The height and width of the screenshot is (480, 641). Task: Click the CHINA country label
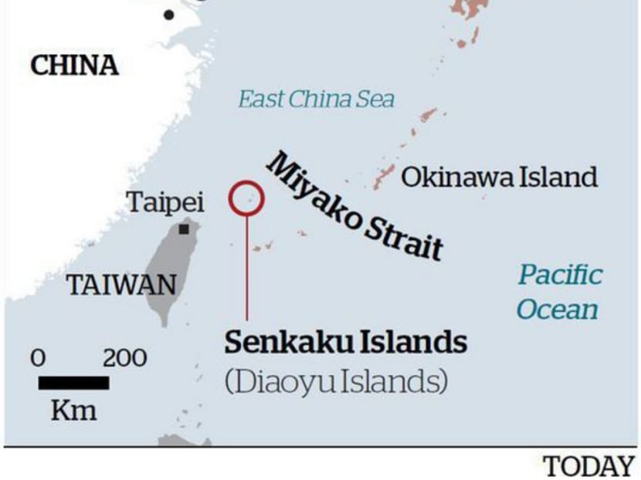coord(74,66)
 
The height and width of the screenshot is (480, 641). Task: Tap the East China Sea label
coord(316,100)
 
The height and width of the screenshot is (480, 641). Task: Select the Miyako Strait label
coord(355,206)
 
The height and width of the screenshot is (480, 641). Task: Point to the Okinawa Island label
coord(499,177)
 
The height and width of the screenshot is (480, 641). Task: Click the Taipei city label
coord(165,203)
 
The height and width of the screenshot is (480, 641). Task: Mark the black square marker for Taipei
coord(184,229)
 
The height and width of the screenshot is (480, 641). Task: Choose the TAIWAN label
coord(121,286)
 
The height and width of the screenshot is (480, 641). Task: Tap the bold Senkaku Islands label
coord(346,342)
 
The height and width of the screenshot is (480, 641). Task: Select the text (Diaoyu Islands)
coord(336,380)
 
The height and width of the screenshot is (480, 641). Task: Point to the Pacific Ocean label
coord(558,292)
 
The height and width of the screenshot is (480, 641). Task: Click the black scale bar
coord(73,383)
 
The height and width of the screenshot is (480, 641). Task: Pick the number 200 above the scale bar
coord(124,359)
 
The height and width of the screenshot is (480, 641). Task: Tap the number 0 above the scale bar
coord(38,359)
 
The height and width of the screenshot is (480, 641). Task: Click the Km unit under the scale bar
coord(74,410)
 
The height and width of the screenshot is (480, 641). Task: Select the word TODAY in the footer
coord(589,466)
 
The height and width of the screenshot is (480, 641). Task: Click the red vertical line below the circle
coord(247,266)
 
